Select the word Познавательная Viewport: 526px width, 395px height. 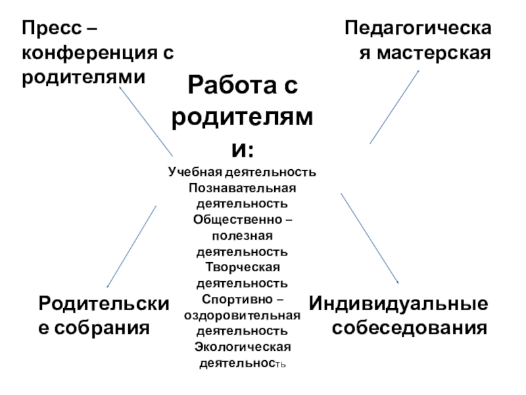coord(242,188)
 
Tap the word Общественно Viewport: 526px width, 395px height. coord(235,220)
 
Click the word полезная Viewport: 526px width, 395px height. coord(242,236)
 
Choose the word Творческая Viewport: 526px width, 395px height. coord(242,267)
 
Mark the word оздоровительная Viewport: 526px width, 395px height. coord(242,315)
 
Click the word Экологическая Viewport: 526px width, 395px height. coord(242,346)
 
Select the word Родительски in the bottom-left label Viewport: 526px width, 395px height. coord(104,303)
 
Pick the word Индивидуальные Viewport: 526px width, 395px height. coord(399,303)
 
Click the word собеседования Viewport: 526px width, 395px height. coord(410,327)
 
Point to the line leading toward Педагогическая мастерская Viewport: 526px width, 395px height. coord(394,107)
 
